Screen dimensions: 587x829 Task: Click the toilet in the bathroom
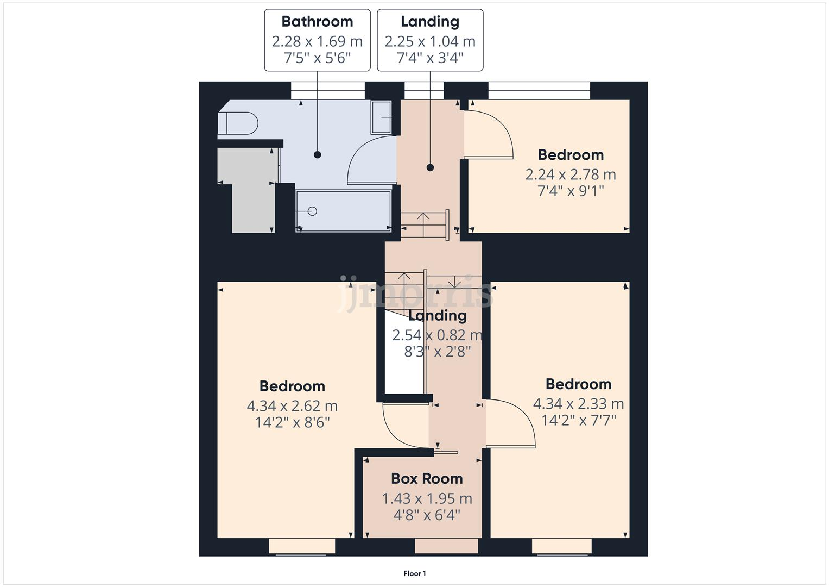[x=237, y=123]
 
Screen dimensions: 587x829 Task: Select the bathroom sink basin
[x=381, y=117]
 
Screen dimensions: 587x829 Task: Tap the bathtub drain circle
[x=312, y=211]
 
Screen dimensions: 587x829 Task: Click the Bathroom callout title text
[x=317, y=22]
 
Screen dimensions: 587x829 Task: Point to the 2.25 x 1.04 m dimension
[x=430, y=41]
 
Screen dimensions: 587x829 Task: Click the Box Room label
[x=427, y=479]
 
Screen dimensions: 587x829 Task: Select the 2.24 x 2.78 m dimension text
[x=571, y=174]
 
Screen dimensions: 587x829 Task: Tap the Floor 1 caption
[x=415, y=573]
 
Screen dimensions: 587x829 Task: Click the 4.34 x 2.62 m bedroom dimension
[x=292, y=406]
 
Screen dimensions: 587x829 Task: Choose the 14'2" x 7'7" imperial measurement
[x=579, y=420]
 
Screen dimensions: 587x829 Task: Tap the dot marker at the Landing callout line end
[x=430, y=167]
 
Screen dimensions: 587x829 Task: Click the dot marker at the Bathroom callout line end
[x=318, y=155]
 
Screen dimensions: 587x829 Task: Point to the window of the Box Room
[x=447, y=546]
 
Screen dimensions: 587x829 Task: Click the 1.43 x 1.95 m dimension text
[x=427, y=498]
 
